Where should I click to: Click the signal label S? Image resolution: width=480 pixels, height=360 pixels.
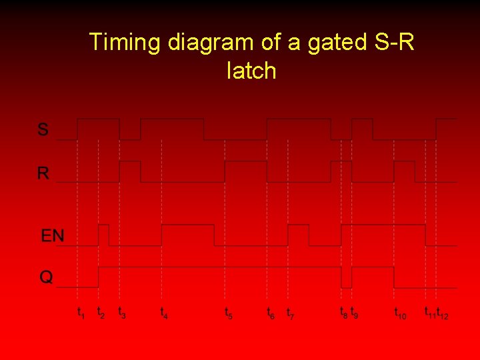pos(43,130)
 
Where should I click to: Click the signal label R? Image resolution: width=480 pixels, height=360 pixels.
pos(43,173)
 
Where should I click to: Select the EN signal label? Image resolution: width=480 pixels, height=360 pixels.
pos(53,236)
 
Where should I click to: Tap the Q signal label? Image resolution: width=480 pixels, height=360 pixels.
pos(46,277)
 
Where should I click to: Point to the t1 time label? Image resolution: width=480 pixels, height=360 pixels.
pos(81,312)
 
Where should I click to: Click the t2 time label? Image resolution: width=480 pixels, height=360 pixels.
pos(101,312)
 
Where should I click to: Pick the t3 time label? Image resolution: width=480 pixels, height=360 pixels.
pos(121,312)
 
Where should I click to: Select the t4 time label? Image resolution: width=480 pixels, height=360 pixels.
pos(164,312)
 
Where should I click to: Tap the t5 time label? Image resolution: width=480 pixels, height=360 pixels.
pos(228,312)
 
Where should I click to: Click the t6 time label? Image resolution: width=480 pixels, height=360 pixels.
pos(270,312)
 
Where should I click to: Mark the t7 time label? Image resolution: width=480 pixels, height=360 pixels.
pos(291,312)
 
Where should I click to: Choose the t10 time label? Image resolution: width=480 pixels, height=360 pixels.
pos(400,312)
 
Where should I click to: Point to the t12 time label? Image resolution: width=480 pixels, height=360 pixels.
pos(443,312)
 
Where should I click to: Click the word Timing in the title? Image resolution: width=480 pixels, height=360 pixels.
pos(125,43)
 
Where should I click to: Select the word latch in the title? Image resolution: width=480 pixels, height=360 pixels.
pos(251,70)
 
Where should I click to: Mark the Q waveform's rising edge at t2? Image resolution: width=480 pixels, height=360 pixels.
pos(99,277)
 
